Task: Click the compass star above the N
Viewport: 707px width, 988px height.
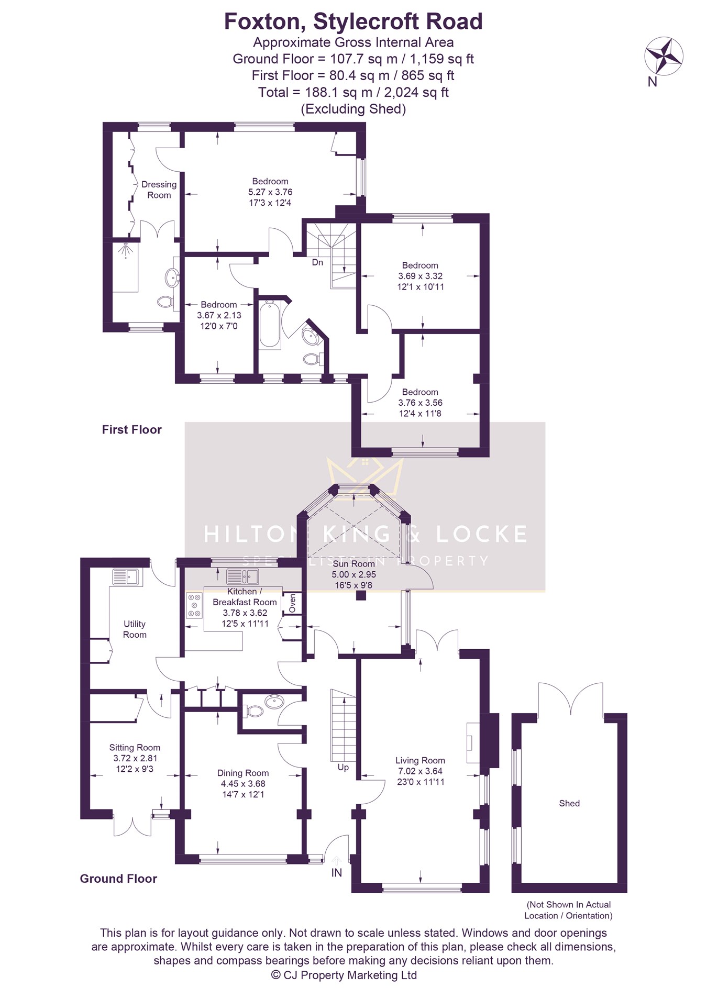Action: (x=664, y=55)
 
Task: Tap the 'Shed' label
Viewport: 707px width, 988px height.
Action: (x=569, y=803)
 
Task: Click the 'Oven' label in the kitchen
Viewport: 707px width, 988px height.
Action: (x=292, y=603)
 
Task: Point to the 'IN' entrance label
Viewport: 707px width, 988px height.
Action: (x=337, y=873)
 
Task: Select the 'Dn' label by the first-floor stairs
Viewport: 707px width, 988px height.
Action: (x=317, y=262)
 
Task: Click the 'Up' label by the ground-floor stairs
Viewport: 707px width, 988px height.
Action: (x=343, y=768)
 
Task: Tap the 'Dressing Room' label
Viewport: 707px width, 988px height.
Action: (x=159, y=190)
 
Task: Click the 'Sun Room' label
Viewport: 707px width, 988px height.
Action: (x=354, y=564)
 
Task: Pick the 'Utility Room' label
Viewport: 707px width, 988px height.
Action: (x=135, y=629)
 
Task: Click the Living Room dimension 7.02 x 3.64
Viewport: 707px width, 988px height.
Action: (x=420, y=771)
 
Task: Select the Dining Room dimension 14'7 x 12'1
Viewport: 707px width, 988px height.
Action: (x=243, y=794)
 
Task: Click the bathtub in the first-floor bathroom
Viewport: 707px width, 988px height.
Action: (x=270, y=324)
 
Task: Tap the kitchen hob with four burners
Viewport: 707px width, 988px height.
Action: (x=194, y=605)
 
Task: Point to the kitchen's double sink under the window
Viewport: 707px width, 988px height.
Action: (x=242, y=576)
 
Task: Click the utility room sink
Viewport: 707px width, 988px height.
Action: (x=125, y=577)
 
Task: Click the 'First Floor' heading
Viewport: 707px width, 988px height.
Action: (x=132, y=430)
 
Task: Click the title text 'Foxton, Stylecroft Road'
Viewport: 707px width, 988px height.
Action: (x=353, y=21)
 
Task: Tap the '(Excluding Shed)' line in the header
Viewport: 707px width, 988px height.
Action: (x=353, y=109)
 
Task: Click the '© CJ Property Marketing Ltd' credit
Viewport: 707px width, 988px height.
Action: (x=344, y=975)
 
